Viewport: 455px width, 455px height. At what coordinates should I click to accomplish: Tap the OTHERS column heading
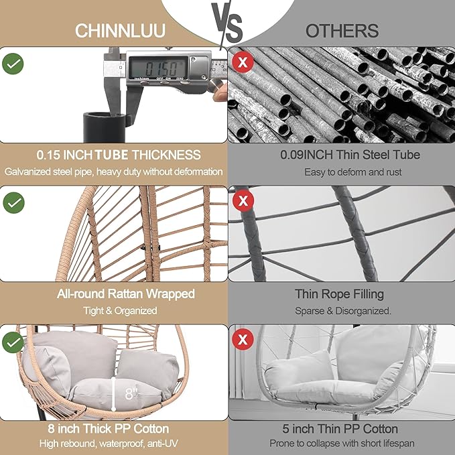tap(342, 31)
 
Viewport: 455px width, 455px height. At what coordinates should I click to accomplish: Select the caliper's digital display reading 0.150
tap(156, 67)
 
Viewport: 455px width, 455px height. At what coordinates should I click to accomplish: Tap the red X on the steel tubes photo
tap(243, 62)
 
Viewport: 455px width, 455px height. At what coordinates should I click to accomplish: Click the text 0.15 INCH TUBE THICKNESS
tap(113, 155)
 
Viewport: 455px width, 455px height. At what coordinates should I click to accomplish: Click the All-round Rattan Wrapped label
tap(113, 294)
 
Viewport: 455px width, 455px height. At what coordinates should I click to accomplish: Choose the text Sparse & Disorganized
tap(342, 311)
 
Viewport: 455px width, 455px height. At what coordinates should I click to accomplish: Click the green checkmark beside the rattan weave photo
tap(13, 202)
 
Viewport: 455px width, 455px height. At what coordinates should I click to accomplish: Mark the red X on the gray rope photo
tap(243, 200)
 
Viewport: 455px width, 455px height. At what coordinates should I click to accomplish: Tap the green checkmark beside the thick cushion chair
tap(13, 342)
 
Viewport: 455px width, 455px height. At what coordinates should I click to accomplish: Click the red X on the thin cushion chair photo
tap(243, 340)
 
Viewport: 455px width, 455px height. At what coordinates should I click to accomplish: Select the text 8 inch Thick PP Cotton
tap(113, 428)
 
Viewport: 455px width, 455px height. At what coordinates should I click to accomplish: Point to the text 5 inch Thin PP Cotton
tap(342, 428)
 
